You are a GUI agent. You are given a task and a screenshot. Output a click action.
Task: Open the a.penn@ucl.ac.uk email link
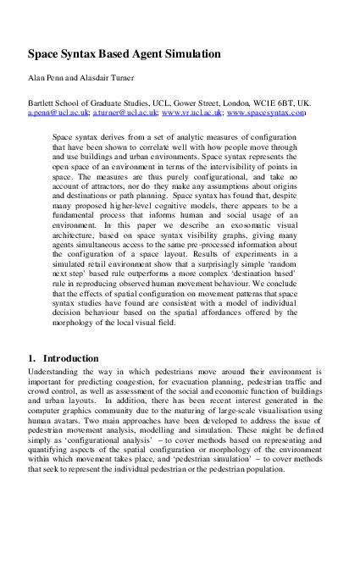(x=56, y=113)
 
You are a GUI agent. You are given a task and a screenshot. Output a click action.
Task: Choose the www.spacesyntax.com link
(x=267, y=113)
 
